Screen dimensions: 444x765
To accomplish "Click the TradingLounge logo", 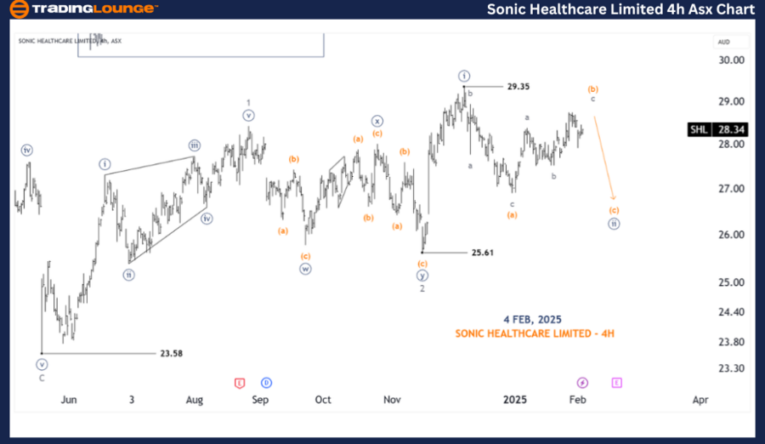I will [x=82, y=9].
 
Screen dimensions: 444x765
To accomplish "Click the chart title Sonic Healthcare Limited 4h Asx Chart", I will [x=620, y=9].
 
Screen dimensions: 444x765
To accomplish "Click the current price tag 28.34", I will [x=731, y=130].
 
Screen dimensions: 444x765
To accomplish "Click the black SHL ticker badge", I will [x=698, y=130].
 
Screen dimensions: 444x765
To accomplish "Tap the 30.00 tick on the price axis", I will [x=730, y=60].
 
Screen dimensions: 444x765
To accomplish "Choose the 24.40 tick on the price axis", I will [x=730, y=312].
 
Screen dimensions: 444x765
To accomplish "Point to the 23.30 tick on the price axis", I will [x=730, y=368].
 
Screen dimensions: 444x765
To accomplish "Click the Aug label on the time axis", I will [x=194, y=399].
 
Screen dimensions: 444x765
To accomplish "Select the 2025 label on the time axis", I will [x=514, y=399].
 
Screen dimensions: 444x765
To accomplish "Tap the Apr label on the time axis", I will [x=700, y=399].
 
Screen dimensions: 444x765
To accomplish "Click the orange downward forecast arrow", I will [x=603, y=157].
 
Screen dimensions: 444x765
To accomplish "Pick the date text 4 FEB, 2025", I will [x=533, y=319].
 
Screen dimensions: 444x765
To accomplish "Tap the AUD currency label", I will [x=723, y=42].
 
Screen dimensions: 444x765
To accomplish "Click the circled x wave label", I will [x=377, y=121].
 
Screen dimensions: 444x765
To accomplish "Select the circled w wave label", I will [x=304, y=269].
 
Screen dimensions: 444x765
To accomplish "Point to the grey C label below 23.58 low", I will [x=42, y=378].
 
